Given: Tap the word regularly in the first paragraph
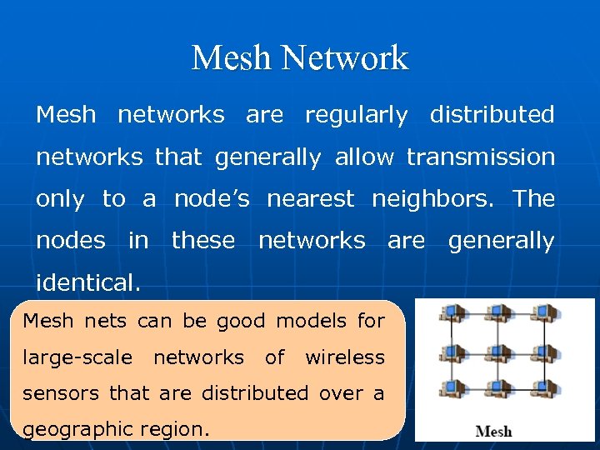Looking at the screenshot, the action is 356,114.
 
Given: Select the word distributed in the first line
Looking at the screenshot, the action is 492,114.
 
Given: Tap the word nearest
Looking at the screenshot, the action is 310,198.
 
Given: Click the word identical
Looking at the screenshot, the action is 87,282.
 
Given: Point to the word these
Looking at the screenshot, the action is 202,241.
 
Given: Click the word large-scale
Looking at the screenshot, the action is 77,357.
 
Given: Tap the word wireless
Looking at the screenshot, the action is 344,357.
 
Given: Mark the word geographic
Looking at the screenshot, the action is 75,430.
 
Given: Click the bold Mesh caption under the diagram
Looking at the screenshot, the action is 493,432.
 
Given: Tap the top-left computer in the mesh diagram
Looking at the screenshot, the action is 451,313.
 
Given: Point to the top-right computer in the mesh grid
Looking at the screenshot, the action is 544,313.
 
